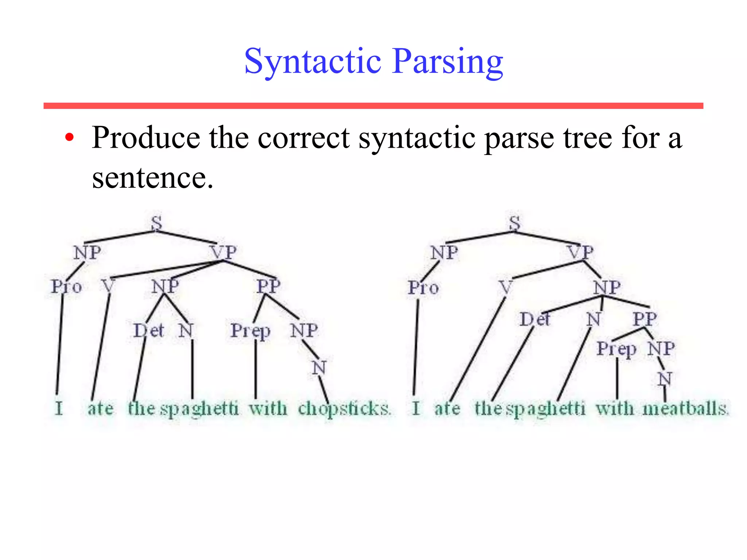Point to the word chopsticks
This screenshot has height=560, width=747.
point(344,408)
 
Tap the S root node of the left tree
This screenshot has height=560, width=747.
point(156,223)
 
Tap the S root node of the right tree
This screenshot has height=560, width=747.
point(515,223)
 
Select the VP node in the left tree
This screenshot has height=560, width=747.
point(223,252)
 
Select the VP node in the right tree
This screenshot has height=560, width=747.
point(580,252)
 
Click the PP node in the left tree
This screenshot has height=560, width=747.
point(268,286)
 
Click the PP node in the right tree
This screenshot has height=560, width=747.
point(645,319)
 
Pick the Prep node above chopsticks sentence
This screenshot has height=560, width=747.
point(251,331)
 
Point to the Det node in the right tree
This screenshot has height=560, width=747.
point(535,320)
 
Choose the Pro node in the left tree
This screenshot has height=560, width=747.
point(66,287)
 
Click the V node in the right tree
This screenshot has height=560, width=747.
point(506,288)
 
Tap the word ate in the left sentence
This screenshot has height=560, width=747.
point(100,408)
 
